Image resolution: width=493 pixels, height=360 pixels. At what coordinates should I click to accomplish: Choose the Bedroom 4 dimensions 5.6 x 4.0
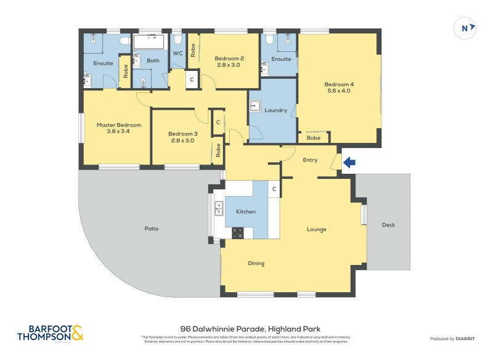tap(339, 91)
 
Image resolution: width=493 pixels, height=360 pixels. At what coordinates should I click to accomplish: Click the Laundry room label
tap(275, 110)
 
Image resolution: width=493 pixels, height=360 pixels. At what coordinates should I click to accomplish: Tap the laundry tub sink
tap(256, 106)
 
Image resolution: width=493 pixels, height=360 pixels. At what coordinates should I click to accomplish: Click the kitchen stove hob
tap(237, 232)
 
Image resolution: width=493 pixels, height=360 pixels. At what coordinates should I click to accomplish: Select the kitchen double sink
tap(218, 210)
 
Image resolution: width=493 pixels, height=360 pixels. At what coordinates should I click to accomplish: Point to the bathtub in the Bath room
tap(150, 43)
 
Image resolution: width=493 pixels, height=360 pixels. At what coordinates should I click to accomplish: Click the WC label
tap(177, 54)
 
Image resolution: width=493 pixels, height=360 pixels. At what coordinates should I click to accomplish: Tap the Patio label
tap(152, 229)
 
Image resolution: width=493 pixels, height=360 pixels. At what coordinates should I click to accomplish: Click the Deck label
tap(388, 225)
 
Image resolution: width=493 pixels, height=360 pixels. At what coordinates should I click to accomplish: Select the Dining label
tap(256, 263)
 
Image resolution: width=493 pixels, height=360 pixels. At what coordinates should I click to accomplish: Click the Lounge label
tap(317, 229)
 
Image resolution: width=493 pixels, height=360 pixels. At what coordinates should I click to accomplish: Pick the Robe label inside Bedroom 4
tap(313, 138)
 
